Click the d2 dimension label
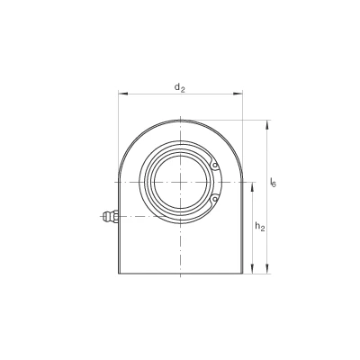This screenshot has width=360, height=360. [x=179, y=87]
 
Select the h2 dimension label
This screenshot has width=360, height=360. [x=260, y=227]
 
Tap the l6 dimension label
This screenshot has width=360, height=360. [x=273, y=182]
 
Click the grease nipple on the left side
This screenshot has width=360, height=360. [x=109, y=216]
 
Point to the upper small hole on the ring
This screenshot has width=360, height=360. [x=214, y=166]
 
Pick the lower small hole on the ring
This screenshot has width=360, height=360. [x=214, y=199]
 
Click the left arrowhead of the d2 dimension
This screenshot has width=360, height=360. [x=123, y=94]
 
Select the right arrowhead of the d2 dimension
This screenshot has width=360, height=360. [x=238, y=94]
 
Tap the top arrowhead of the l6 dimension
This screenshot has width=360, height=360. [x=267, y=125]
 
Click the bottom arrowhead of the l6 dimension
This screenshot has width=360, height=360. [x=267, y=269]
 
